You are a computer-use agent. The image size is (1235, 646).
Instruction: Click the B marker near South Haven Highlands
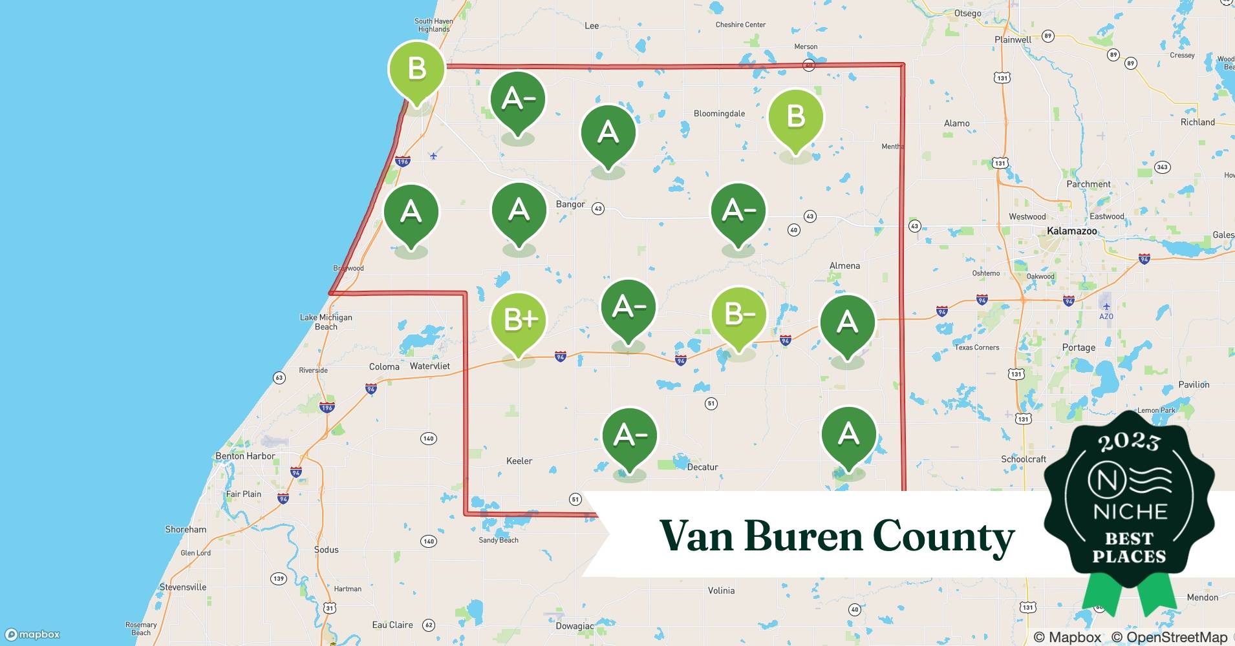coord(417,68)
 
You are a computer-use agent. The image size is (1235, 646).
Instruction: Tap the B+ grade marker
coord(519,319)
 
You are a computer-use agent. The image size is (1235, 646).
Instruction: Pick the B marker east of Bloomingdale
coord(795,117)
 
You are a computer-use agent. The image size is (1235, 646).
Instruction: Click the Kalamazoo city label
coord(1071,231)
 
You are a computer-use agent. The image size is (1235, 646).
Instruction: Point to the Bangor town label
coord(570,204)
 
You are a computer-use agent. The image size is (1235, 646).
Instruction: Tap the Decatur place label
coord(702,467)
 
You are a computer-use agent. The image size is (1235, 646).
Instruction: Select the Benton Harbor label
coord(245,456)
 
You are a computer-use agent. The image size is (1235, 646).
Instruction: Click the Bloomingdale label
coord(719,114)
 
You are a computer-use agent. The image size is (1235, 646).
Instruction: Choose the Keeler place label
coord(519,461)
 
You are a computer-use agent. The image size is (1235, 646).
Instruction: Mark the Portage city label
coord(1079,348)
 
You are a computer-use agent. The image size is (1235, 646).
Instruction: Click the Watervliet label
coord(429,366)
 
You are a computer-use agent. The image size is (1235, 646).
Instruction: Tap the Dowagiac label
coord(574,626)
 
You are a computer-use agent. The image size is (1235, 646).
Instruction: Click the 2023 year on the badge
coord(1129,442)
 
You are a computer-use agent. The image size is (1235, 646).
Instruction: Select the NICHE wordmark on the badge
coord(1130,512)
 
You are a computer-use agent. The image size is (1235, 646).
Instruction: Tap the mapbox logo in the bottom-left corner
coord(33,634)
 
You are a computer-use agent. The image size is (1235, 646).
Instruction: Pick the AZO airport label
coord(1106,317)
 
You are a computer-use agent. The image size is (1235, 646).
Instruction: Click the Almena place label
coord(844,266)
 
